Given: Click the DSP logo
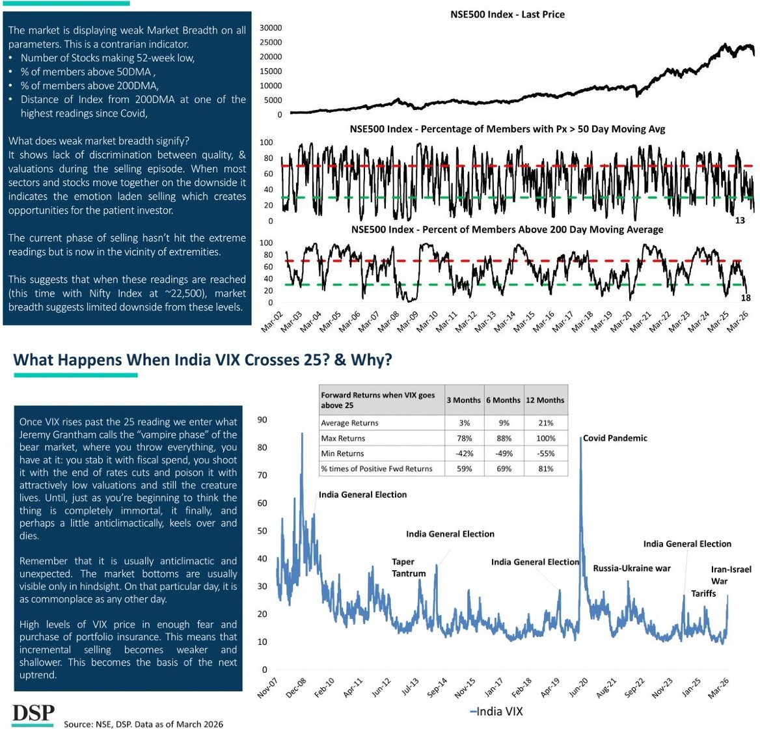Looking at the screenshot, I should click(33, 713).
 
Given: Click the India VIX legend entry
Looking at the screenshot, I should click(496, 711).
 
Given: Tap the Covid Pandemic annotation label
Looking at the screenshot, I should click(615, 438).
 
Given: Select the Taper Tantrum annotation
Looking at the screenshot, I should click(409, 567).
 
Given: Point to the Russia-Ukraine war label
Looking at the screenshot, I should click(631, 568).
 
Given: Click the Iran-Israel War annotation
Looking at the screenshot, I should click(731, 575).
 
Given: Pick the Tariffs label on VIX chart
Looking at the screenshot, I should click(703, 593).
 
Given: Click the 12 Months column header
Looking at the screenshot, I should click(545, 400).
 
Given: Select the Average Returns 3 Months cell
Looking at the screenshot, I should click(465, 423).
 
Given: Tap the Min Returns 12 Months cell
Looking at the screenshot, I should click(545, 454).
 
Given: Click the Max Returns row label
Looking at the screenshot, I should click(343, 439).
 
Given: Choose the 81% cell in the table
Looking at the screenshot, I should click(545, 469).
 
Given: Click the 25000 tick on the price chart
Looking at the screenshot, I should click(271, 42).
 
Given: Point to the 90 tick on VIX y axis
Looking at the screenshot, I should click(262, 420).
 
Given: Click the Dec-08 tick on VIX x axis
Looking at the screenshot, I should click(296, 688).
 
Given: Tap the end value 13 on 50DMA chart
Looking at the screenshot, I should click(740, 221).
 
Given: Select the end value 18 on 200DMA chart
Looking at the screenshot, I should click(746, 298).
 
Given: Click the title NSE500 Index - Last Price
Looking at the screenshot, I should click(508, 14).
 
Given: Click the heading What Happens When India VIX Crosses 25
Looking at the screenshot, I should click(202, 360).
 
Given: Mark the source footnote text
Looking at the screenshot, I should click(143, 724).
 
